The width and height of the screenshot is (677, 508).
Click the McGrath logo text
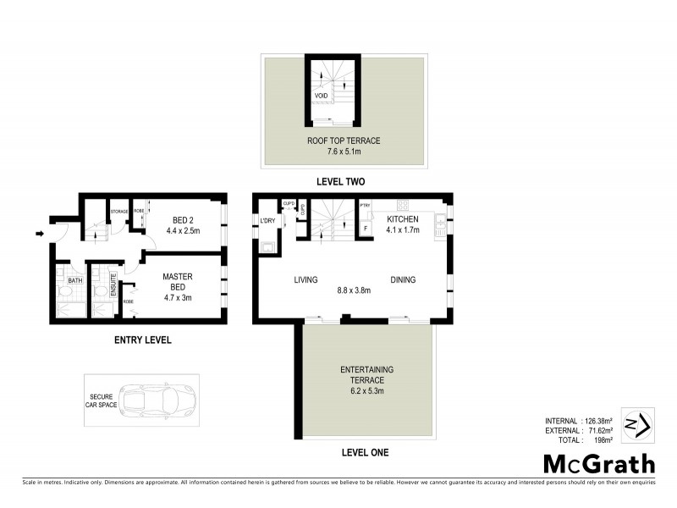[x=598, y=463]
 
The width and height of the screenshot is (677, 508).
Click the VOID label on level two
[x=321, y=96]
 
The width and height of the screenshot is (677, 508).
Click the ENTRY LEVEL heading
[x=142, y=340]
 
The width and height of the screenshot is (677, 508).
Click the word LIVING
[x=305, y=279]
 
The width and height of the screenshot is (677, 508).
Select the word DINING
[x=405, y=279]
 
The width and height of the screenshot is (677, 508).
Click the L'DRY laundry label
[x=267, y=222]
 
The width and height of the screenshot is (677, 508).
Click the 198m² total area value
[x=606, y=440]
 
